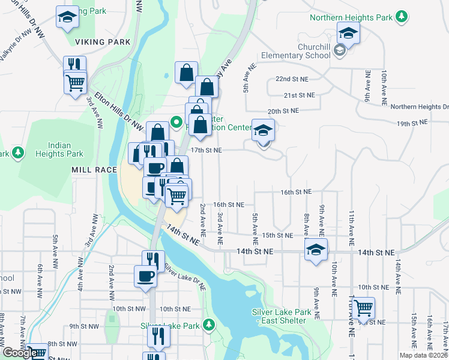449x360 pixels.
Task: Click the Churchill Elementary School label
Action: point(295,51)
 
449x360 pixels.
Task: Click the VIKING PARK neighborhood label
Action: point(103,43)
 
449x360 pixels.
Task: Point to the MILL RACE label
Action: point(94,170)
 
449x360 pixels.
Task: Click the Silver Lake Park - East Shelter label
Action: point(282,316)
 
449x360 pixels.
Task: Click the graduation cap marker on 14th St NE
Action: point(316,251)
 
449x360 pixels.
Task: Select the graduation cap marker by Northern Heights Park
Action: point(348,34)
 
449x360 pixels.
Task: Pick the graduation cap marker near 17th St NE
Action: point(263,131)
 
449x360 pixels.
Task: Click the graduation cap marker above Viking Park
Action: point(67,17)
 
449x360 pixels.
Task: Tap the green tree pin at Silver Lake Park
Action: point(208,325)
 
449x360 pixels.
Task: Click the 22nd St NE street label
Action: point(291,79)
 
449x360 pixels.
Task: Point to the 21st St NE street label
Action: point(299,95)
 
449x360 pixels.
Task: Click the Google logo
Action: point(20,353)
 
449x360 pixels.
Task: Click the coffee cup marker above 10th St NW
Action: point(145,277)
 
